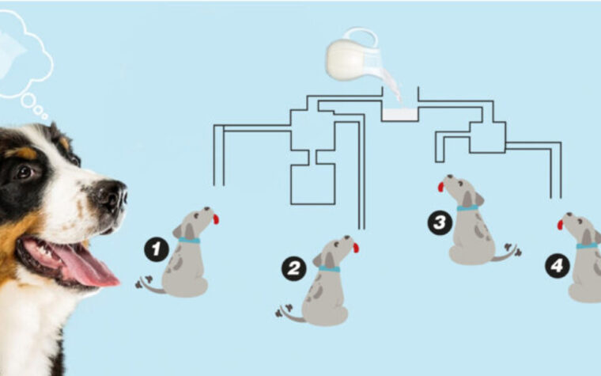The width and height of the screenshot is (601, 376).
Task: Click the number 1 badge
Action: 157,249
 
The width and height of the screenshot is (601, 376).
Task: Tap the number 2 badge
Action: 294,268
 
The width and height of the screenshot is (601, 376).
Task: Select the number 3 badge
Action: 440,222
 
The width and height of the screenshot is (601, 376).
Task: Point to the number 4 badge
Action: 558,265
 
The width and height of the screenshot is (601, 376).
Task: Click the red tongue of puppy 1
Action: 216,219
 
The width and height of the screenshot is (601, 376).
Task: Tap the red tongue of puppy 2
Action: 356,248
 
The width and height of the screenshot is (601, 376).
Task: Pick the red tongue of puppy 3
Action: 440,187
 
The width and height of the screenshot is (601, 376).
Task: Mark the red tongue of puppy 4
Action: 561,225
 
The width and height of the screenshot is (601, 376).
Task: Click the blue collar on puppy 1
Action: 189,241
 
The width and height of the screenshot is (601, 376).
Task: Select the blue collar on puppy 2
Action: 329,269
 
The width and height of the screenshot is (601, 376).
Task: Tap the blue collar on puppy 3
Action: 467,208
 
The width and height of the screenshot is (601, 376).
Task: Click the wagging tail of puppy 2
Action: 290,313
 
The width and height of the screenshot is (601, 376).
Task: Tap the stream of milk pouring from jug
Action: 394,87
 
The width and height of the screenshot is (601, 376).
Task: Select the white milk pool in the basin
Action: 400,115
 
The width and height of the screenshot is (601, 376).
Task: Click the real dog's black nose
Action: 112,196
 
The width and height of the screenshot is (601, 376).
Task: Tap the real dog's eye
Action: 25,172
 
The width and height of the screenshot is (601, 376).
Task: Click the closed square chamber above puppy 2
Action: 313,184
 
